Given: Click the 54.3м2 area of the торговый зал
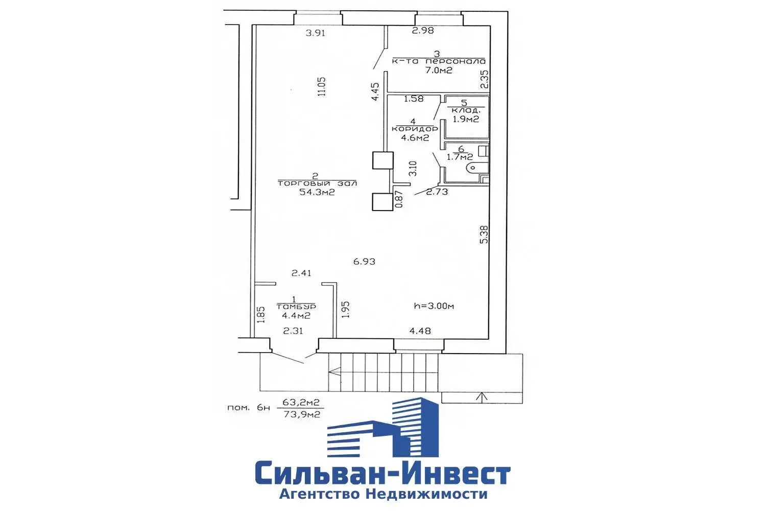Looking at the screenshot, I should point(317,192).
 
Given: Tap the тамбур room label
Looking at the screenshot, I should point(296,306).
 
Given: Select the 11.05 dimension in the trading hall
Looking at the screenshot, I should point(321,87).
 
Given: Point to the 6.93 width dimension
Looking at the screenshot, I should point(364,262).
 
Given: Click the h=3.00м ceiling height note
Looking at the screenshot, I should point(434,306).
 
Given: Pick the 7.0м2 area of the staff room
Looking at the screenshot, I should point(439,71).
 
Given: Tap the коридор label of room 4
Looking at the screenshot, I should point(414,129).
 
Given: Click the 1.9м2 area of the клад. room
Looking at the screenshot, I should point(465,120).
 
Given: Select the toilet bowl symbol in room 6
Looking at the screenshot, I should point(477,167).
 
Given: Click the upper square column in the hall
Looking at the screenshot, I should point(382,160).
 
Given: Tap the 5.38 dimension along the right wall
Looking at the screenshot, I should point(484,235).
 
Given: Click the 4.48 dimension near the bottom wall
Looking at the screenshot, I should point(420,331).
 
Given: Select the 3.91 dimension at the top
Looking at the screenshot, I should point(315,33).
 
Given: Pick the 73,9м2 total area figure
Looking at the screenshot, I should point(302,414).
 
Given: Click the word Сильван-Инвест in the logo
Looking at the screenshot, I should point(382,475).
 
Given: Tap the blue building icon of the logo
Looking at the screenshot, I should point(382,428).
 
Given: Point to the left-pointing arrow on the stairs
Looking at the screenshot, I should point(334,373).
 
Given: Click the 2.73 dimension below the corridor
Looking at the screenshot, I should point(437,192).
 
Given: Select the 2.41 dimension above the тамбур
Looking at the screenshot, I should point(301,273).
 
